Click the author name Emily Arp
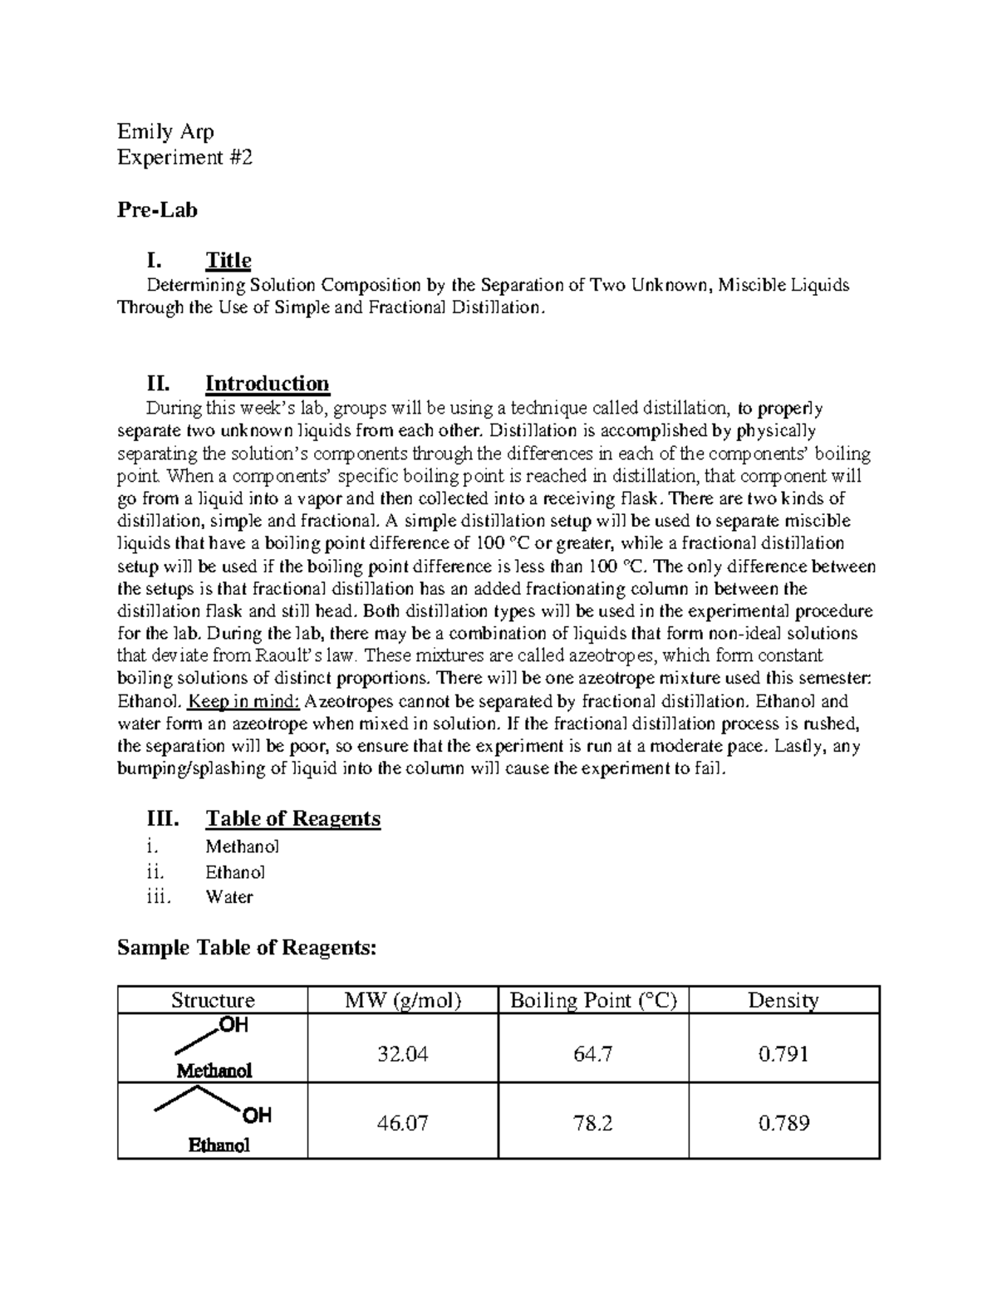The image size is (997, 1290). [165, 131]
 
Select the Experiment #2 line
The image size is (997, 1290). [184, 157]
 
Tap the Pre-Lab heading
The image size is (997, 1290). [157, 210]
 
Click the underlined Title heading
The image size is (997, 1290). [228, 260]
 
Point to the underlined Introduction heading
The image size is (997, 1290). [267, 383]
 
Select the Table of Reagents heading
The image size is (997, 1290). [292, 818]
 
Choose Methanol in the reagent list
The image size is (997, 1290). [242, 846]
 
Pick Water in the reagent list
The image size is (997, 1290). [228, 896]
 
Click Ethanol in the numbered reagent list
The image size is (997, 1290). [235, 872]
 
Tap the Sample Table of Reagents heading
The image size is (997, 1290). [247, 947]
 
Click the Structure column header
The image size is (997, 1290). [213, 1000]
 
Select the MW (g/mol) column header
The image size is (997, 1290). [402, 1000]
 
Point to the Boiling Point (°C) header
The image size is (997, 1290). [593, 1000]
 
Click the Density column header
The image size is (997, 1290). [783, 1000]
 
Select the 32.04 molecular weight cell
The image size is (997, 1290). [402, 1054]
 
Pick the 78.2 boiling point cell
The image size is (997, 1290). [593, 1123]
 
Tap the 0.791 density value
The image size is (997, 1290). [783, 1054]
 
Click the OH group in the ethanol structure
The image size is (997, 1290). [257, 1116]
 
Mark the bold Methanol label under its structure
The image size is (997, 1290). [214, 1071]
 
